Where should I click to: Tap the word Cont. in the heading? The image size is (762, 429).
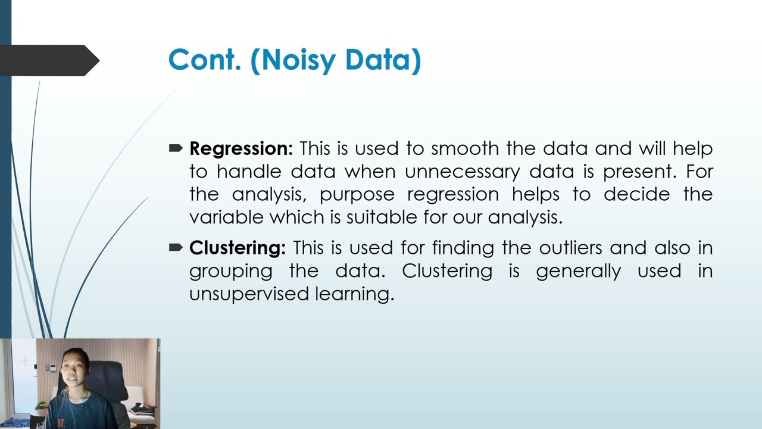(204, 60)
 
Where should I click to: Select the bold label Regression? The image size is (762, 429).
(241, 148)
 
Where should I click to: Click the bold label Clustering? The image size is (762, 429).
(237, 248)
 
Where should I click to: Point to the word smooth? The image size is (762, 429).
(466, 148)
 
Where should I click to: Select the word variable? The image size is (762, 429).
(226, 217)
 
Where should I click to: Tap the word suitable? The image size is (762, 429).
(382, 217)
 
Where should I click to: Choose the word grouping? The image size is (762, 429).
(230, 272)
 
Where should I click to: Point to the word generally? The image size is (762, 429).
(578, 272)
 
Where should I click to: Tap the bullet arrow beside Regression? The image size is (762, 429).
(176, 148)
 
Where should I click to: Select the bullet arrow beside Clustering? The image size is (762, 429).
(176, 247)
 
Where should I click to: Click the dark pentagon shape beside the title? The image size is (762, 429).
(51, 60)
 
